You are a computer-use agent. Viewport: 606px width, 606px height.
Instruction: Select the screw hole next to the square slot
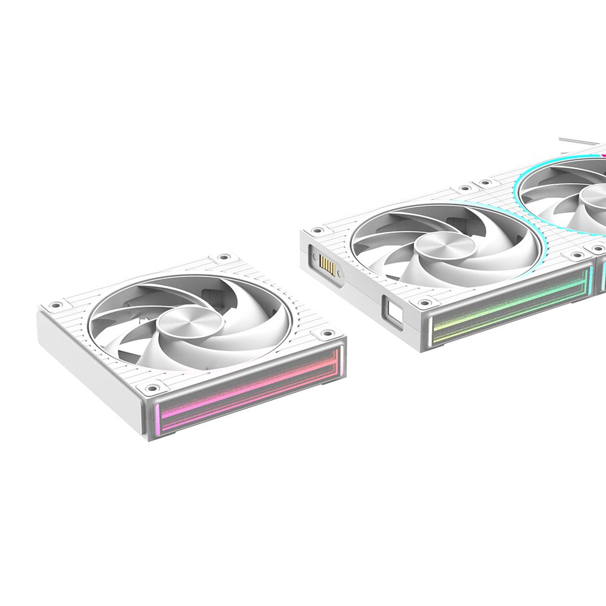coord(425,301)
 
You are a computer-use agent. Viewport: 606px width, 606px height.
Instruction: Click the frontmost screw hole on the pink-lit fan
coord(148,385)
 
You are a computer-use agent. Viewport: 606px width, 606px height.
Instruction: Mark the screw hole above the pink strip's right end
coord(329,333)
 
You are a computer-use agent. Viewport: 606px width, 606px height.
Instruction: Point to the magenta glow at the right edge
coord(602,156)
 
